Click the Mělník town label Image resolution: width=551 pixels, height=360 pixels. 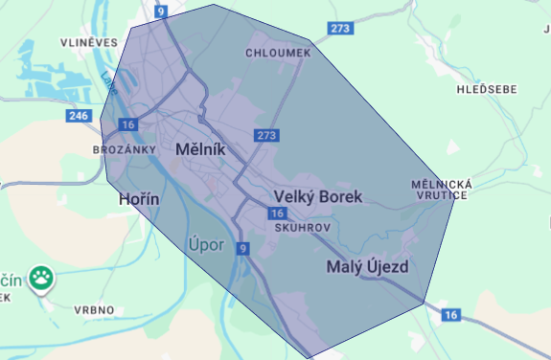click(200, 150)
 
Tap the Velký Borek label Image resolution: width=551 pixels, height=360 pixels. click(319, 197)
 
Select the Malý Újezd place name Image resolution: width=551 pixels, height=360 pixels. click(368, 266)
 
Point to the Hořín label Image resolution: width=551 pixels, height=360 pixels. click(137, 199)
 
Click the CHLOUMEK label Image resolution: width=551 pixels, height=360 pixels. click(279, 54)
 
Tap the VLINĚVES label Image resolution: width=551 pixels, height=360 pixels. click(89, 42)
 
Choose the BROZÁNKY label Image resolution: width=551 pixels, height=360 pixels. click(124, 150)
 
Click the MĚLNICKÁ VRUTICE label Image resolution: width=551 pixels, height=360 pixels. click(438, 189)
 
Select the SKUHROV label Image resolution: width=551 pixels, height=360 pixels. click(302, 230)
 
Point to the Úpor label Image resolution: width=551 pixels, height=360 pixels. click(207, 245)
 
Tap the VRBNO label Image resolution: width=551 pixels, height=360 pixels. click(94, 309)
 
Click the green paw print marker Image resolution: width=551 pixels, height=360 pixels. click(41, 280)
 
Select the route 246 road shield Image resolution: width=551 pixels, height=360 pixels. click(79, 115)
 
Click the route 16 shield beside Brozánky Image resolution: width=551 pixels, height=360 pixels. click(128, 124)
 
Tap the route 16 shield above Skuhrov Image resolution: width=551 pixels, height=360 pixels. click(278, 214)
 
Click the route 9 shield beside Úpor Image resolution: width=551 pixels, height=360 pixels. click(243, 249)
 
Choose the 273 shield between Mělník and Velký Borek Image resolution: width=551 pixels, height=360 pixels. click(266, 136)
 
